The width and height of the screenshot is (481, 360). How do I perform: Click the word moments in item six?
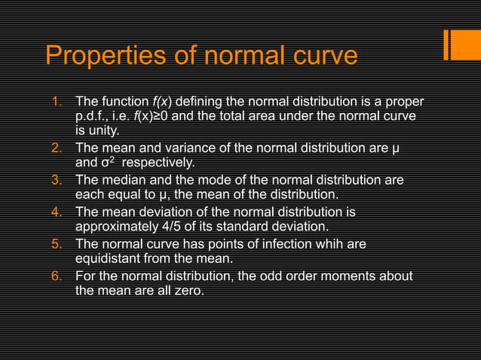point(349,276)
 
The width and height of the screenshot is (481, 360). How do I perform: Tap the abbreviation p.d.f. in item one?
point(94,117)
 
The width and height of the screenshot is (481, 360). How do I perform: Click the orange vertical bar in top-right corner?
point(447,45)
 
